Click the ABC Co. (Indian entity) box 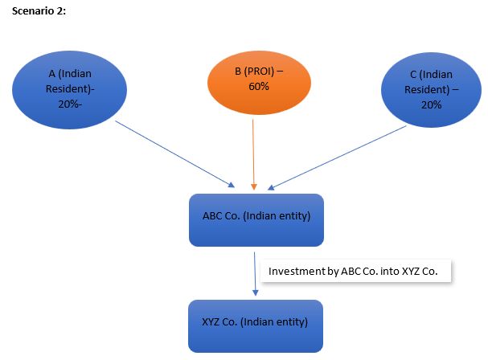click(256, 219)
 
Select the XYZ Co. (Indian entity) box click(256, 325)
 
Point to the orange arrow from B click(253, 153)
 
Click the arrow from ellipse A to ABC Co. click(173, 153)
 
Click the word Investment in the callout click(297, 272)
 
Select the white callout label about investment click(354, 272)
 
